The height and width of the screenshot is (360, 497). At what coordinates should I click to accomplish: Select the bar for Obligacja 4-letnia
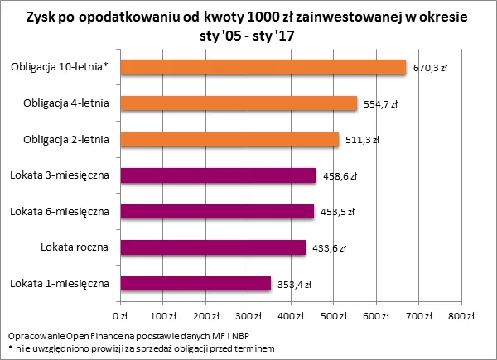(x=239, y=103)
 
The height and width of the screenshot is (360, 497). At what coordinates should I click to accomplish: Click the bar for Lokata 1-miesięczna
(x=196, y=283)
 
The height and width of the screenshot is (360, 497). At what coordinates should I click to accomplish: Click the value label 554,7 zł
(x=381, y=104)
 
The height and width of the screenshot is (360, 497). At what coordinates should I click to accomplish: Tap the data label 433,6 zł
(x=329, y=247)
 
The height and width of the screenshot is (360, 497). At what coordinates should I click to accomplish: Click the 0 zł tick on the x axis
(x=120, y=316)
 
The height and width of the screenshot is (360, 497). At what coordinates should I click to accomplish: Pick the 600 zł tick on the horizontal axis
(x=377, y=316)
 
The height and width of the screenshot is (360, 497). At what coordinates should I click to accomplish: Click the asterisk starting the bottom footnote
(x=8, y=348)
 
